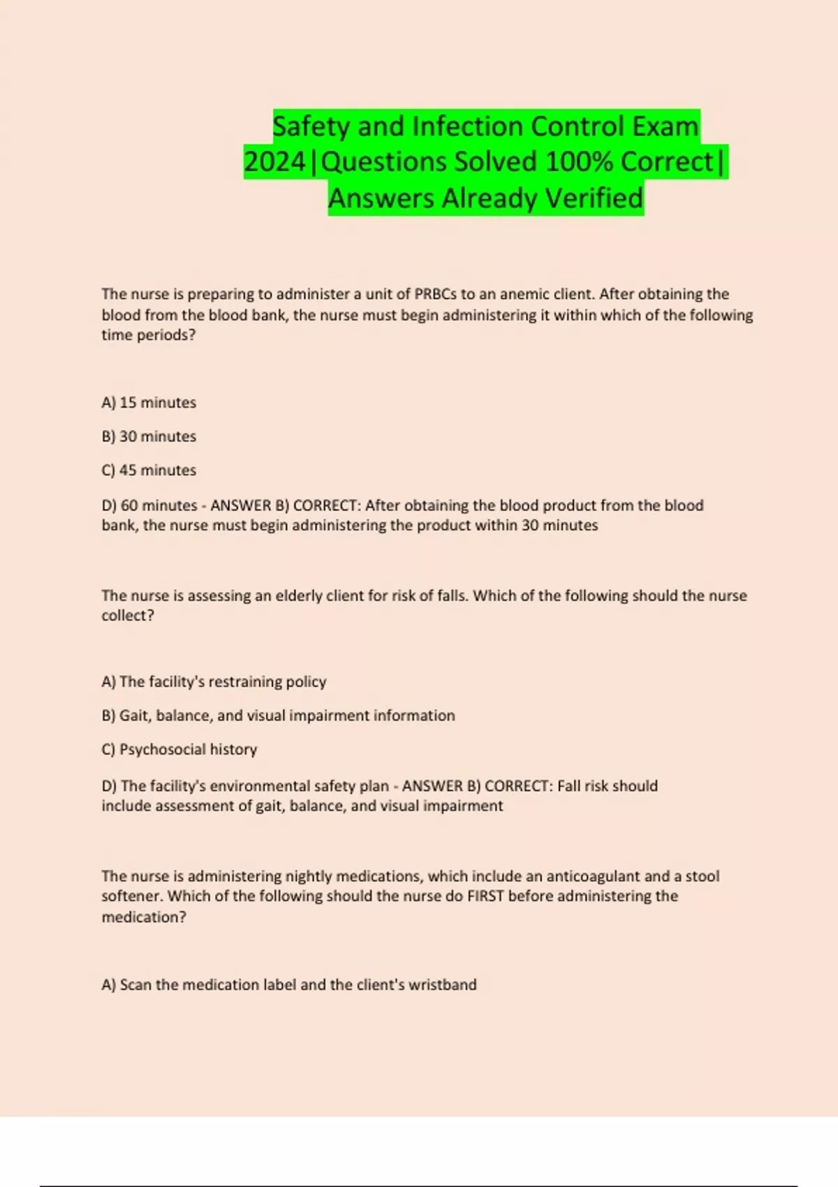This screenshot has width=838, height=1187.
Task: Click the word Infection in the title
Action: click(467, 126)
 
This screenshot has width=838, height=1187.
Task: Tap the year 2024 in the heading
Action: click(274, 162)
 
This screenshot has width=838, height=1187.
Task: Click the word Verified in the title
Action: click(594, 198)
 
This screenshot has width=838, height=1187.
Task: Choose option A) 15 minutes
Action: click(149, 403)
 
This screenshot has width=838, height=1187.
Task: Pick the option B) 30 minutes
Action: click(149, 436)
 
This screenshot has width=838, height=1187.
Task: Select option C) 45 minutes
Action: click(149, 471)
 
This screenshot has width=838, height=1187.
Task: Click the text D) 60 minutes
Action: click(149, 506)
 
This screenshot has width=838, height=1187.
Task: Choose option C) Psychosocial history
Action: click(179, 749)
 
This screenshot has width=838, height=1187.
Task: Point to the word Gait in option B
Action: click(133, 716)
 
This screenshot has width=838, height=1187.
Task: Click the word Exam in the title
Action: click(665, 126)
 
